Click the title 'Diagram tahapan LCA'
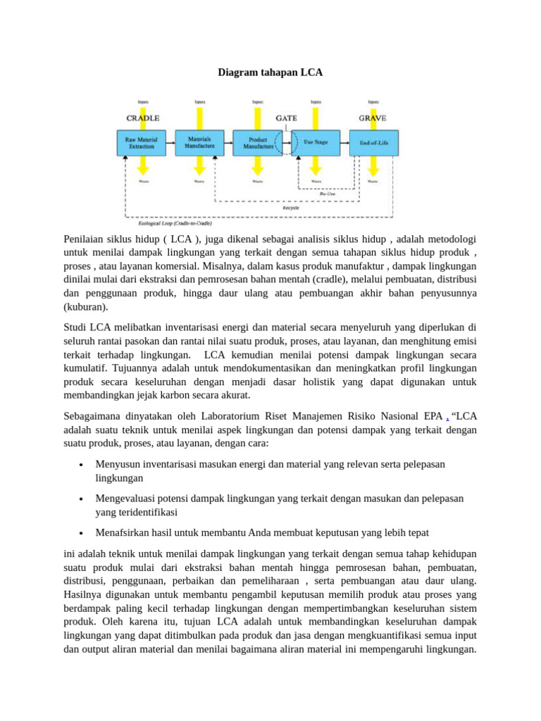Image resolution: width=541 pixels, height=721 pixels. click(x=270, y=73)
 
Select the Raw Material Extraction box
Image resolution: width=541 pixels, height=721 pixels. click(x=142, y=143)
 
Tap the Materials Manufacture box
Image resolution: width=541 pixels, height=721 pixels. click(x=199, y=143)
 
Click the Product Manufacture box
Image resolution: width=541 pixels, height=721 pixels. click(x=256, y=143)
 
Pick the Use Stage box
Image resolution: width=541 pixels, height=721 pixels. click(x=315, y=143)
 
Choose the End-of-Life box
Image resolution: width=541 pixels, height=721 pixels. click(x=373, y=143)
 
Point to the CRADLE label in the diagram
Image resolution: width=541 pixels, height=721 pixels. click(x=142, y=118)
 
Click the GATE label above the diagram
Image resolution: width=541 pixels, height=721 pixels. click(x=286, y=118)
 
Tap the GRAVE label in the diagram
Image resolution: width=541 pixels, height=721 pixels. click(x=373, y=118)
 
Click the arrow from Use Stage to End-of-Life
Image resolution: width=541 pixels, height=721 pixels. click(x=344, y=143)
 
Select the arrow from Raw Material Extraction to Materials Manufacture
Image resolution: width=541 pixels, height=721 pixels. click(x=170, y=143)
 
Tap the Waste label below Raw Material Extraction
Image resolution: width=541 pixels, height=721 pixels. click(x=143, y=182)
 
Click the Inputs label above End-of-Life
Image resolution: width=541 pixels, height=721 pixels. click(x=373, y=101)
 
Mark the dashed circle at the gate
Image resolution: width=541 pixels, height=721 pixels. click(x=287, y=143)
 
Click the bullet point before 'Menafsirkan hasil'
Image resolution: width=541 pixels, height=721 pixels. click(x=82, y=533)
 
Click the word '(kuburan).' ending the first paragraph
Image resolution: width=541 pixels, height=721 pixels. click(x=85, y=307)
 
